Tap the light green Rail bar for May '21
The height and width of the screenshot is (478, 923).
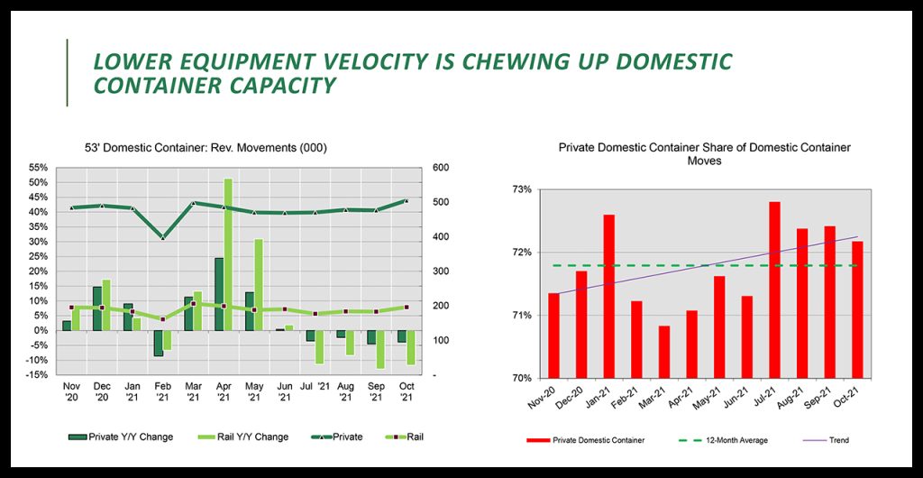click(259, 284)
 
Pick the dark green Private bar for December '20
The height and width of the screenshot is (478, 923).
click(96, 308)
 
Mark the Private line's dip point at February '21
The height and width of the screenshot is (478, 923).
click(162, 237)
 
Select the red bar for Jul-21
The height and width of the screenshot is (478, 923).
click(774, 290)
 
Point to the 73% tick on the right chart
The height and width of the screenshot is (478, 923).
click(522, 190)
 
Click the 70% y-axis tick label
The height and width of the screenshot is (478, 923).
click(522, 378)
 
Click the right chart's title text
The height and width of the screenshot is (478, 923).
click(705, 153)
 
